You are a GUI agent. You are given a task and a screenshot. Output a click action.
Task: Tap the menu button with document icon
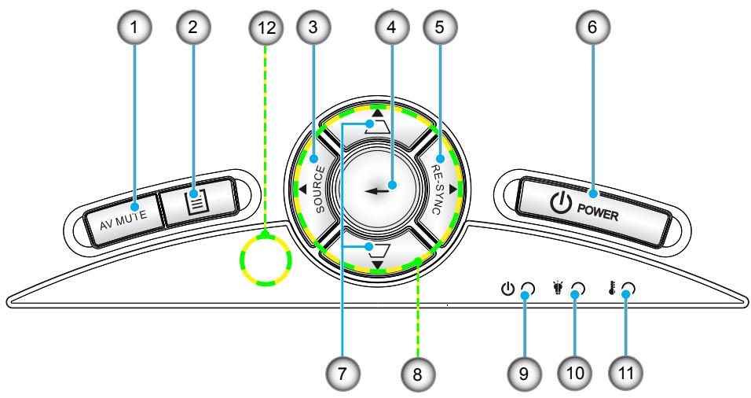click(198, 201)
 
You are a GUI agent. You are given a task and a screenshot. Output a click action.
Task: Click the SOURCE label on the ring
click(320, 189)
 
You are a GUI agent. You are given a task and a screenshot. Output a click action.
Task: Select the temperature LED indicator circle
click(628, 289)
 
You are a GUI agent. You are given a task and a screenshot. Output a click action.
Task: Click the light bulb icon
click(558, 288)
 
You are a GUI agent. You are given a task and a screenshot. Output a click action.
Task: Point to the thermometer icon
click(612, 288)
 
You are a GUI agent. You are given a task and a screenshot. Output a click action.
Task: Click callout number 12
click(266, 28)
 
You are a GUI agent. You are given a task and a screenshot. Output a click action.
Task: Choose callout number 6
click(593, 27)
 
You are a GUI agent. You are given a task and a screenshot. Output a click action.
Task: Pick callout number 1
click(134, 27)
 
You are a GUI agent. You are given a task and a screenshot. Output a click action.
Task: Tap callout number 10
click(575, 373)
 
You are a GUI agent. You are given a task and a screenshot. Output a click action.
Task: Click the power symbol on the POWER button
click(560, 205)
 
